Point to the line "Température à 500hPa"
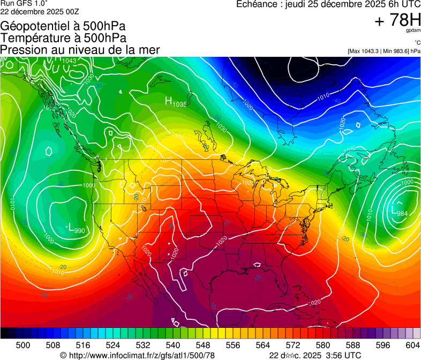[x=63, y=38]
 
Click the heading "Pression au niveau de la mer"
[x=80, y=50]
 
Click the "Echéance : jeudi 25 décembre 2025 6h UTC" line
[x=328, y=4]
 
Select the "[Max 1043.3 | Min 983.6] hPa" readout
[x=384, y=51]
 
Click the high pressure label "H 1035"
[x=175, y=102]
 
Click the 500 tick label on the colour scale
[x=23, y=344]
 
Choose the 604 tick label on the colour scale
[x=413, y=344]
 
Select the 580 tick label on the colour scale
[x=322, y=344]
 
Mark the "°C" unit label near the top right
[x=416, y=43]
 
